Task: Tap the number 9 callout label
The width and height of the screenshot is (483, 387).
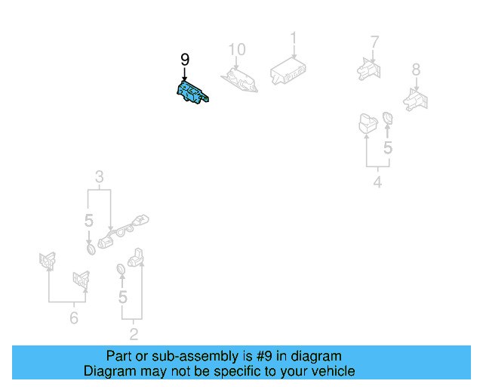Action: tap(185, 60)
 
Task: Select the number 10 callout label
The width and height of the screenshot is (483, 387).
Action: tap(237, 51)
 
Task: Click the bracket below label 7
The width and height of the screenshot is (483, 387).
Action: tap(368, 67)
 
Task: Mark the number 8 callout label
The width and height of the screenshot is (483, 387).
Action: tap(416, 70)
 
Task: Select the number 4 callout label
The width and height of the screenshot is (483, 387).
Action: tap(377, 182)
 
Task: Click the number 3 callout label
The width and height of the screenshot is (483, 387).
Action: tap(99, 178)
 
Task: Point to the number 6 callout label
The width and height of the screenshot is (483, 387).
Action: tap(74, 318)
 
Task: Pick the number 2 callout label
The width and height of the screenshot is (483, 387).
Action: tap(134, 333)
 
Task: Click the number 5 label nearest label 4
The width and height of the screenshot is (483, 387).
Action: tap(387, 148)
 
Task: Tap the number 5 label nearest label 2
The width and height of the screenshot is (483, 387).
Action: tap(123, 297)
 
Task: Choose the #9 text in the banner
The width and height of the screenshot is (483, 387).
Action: tap(260, 356)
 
